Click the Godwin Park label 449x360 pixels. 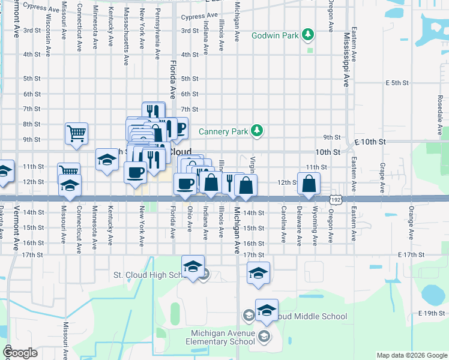275,35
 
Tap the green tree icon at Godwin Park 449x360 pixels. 308,34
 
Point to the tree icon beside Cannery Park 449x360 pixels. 257,130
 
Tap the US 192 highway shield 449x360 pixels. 337,198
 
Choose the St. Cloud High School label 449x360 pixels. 151,275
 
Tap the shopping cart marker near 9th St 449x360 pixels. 77,133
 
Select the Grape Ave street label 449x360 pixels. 382,175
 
